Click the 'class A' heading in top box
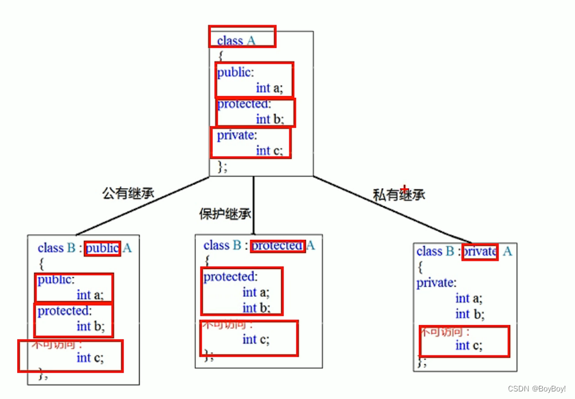click(236, 41)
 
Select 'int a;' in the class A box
click(269, 88)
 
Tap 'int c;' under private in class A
click(269, 150)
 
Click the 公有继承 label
click(128, 193)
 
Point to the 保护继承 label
click(225, 215)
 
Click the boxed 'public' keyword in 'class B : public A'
click(102, 248)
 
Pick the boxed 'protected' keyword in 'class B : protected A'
click(277, 246)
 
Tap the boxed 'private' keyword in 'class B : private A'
click(480, 251)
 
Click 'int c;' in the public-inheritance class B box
click(90, 358)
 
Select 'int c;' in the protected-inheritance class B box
click(256, 339)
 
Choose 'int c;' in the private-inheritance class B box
click(469, 345)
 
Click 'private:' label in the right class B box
click(436, 283)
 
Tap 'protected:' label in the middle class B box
click(229, 277)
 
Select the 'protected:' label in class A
click(243, 104)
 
